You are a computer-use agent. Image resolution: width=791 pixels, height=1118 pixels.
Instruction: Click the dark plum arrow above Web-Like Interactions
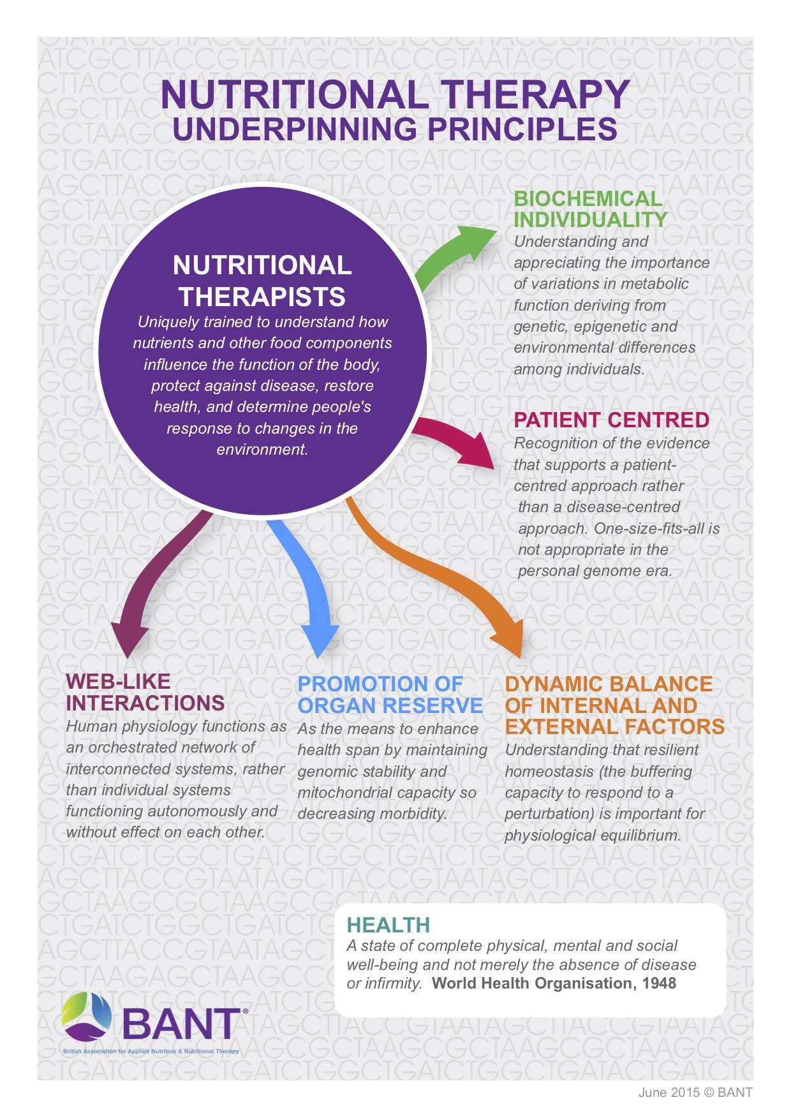(x=159, y=587)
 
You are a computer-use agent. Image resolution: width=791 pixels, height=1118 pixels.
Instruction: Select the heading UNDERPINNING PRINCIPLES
(x=395, y=128)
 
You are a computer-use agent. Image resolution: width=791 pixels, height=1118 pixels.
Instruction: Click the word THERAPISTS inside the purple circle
(x=262, y=297)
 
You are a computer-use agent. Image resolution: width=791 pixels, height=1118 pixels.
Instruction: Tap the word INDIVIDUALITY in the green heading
(x=591, y=219)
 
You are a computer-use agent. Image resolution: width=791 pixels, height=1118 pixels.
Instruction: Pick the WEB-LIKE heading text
(x=119, y=682)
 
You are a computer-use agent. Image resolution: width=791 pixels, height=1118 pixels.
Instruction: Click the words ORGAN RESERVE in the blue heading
(x=390, y=705)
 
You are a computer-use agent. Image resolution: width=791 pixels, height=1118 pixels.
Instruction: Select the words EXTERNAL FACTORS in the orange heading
(x=614, y=726)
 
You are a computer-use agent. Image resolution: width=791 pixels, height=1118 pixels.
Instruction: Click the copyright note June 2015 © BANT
(x=695, y=1092)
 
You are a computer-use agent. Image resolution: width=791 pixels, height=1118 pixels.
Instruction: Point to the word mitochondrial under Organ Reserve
(x=344, y=793)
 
